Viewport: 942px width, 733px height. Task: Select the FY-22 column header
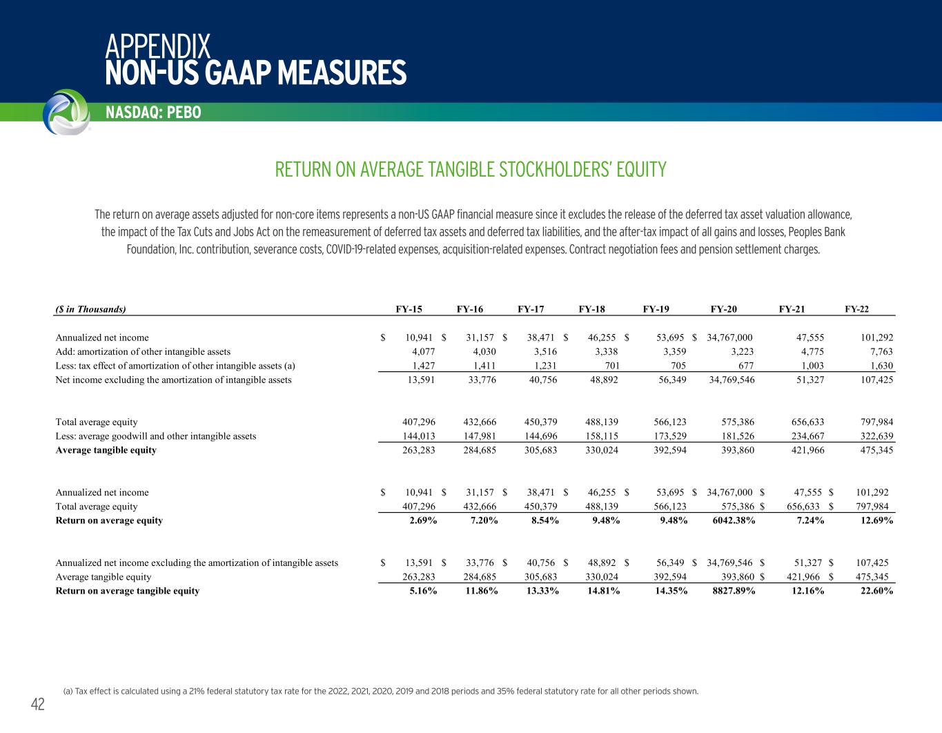click(x=856, y=309)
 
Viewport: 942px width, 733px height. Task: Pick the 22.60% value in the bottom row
click(x=876, y=591)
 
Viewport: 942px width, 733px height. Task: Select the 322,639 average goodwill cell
click(x=874, y=436)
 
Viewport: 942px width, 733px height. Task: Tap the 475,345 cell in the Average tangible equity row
click(x=874, y=450)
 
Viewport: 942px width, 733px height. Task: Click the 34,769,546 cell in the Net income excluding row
click(x=731, y=380)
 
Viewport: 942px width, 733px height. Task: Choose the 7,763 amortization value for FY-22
click(x=881, y=352)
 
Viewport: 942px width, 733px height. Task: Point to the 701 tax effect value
click(x=609, y=366)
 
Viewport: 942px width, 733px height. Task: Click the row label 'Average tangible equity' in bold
click(x=106, y=450)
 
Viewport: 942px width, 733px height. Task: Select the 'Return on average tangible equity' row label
click(x=127, y=591)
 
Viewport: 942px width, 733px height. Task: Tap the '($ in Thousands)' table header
click(x=90, y=309)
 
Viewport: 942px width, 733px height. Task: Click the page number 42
click(x=37, y=704)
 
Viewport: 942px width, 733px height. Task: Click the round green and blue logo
click(x=66, y=112)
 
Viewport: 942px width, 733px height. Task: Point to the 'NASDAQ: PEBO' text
click(x=153, y=113)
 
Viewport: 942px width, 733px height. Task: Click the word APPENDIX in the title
click(x=158, y=46)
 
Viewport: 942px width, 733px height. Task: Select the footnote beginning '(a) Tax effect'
click(x=380, y=691)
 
